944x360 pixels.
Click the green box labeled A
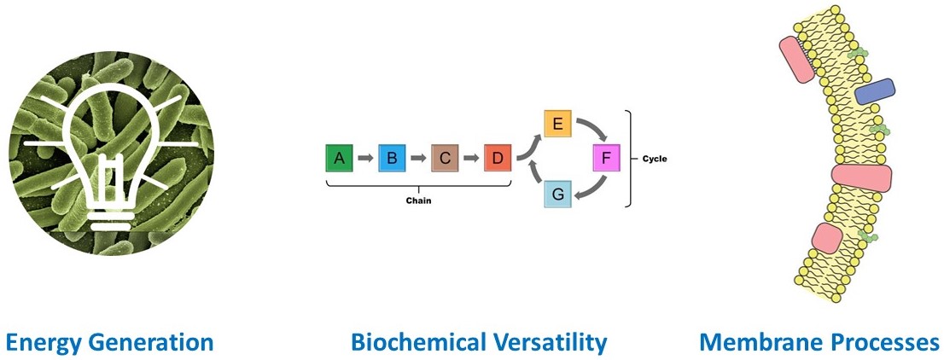click(339, 159)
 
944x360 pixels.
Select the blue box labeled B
click(392, 159)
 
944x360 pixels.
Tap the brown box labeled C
click(445, 159)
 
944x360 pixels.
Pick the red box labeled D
click(498, 159)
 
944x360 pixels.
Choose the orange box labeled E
click(557, 124)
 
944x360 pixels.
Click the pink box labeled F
click(606, 159)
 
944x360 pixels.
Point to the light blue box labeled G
click(557, 194)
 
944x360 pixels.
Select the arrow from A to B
click(365, 159)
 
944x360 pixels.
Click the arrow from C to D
click(471, 159)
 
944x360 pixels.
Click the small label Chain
click(418, 201)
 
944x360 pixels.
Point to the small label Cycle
click(655, 160)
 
